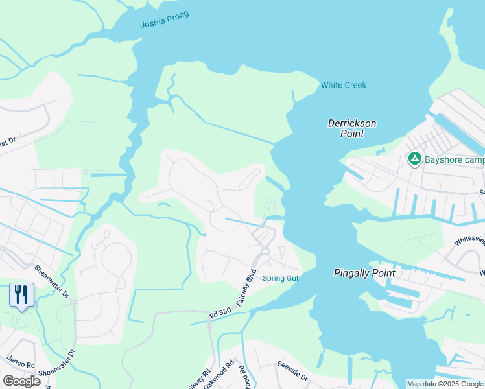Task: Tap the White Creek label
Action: coord(343,85)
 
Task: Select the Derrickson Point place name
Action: coord(352,128)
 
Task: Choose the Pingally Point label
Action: coord(364,273)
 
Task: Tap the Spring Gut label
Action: coord(280,279)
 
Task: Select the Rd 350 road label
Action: coord(221,312)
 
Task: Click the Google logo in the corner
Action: coord(21,381)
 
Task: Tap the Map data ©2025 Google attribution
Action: coord(444,384)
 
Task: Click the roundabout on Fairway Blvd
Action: coord(265,251)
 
